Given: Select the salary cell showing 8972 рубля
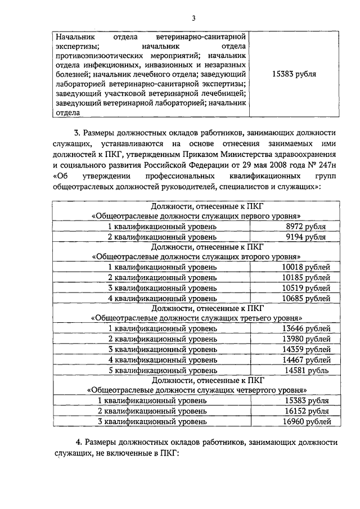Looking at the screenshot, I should click(x=306, y=226).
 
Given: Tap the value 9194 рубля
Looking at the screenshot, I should click(x=306, y=237).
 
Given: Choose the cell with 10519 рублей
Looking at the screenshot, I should click(x=306, y=287).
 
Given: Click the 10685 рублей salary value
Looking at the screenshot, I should click(x=306, y=298).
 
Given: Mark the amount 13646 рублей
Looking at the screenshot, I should click(x=306, y=328).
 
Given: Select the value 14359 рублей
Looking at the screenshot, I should click(x=306, y=349).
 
